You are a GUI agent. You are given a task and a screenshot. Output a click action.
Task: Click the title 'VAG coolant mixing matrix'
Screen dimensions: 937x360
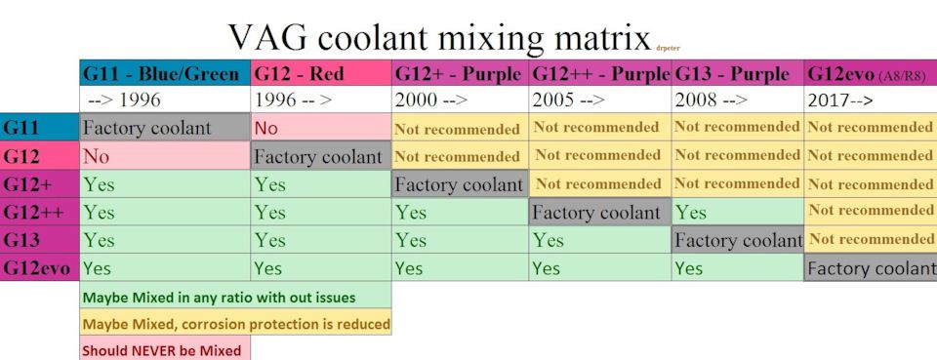[x=439, y=39]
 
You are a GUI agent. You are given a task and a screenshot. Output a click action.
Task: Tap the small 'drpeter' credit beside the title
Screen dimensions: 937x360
[x=668, y=49]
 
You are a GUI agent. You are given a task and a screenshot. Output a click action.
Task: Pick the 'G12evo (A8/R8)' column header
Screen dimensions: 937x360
[x=871, y=73]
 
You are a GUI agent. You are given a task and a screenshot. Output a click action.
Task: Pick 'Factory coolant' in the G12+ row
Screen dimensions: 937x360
[x=460, y=183]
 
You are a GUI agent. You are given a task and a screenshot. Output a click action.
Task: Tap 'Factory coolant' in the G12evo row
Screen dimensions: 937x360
[x=871, y=268]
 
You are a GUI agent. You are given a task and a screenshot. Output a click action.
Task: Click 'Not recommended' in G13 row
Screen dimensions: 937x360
[x=871, y=239]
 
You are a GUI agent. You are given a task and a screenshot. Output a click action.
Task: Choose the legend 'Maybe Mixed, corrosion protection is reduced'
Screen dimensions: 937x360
[x=236, y=323]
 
